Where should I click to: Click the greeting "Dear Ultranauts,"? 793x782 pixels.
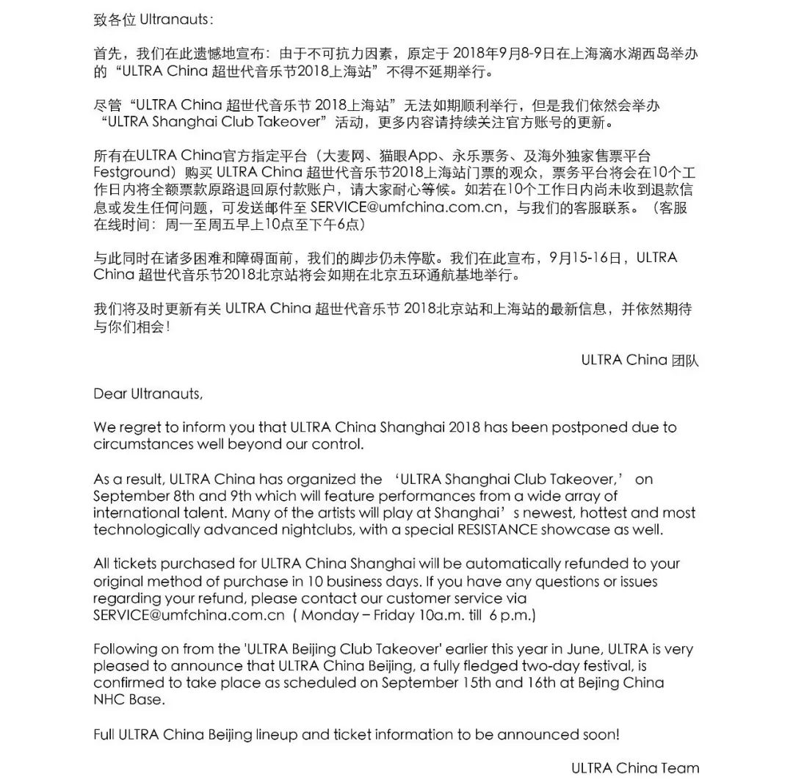pyautogui.click(x=147, y=394)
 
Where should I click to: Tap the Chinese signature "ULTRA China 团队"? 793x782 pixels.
pyautogui.click(x=640, y=360)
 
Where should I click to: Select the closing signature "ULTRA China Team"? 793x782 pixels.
pyautogui.click(x=635, y=768)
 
